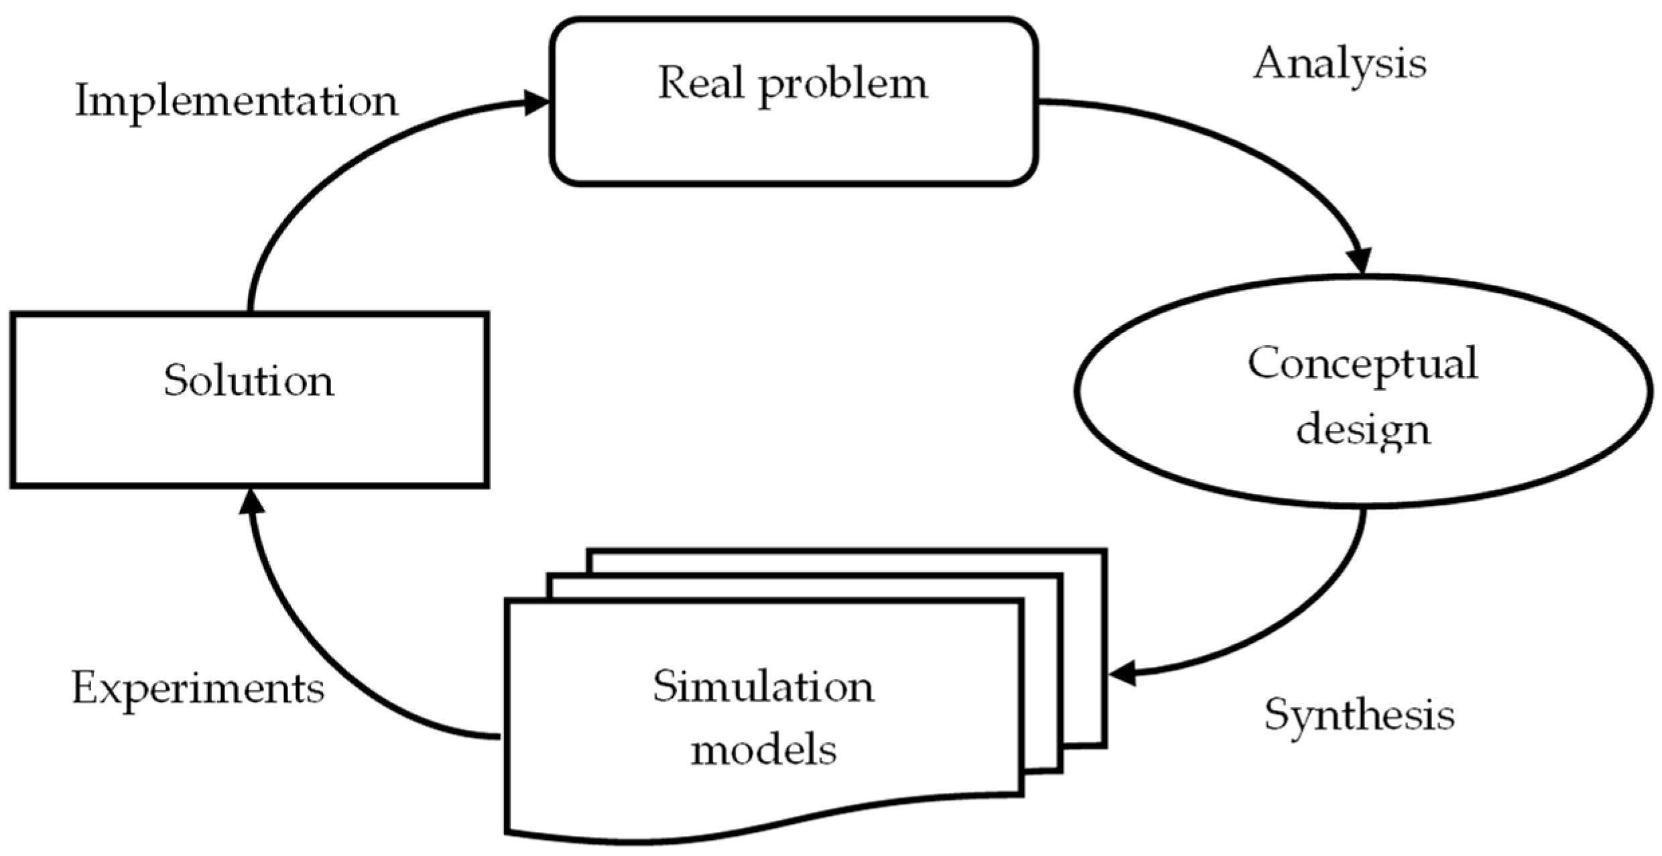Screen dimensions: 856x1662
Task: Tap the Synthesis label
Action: click(1359, 715)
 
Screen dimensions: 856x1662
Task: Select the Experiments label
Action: click(198, 689)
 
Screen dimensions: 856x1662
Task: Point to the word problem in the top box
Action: click(843, 86)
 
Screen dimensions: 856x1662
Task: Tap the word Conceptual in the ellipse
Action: click(1362, 363)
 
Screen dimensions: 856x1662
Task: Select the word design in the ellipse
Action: click(1363, 430)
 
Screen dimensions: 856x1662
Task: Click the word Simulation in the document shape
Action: click(763, 687)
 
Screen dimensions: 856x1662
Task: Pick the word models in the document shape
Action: click(763, 749)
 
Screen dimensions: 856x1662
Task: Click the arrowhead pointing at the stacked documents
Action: click(1122, 673)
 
